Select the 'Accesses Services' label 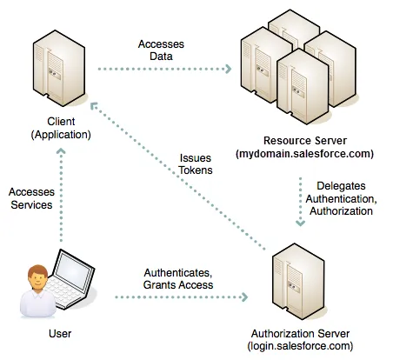pyautogui.click(x=28, y=197)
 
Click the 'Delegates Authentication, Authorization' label pyautogui.click(x=346, y=199)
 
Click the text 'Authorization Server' pyautogui.click(x=299, y=334)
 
